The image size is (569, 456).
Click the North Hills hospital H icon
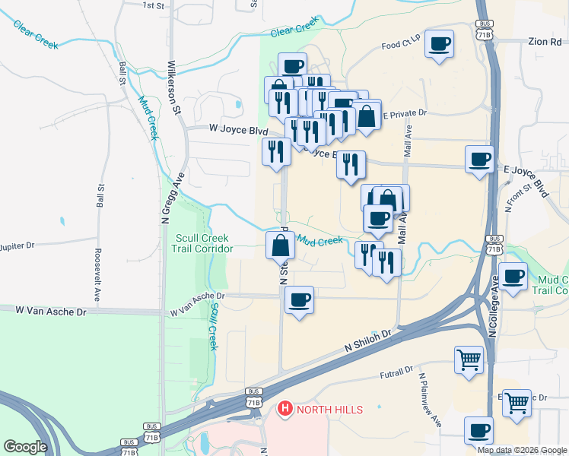285,409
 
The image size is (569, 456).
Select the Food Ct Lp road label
401,46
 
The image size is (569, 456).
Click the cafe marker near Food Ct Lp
439,44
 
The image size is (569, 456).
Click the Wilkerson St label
173,88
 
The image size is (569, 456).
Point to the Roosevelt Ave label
97,274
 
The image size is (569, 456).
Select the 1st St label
154,5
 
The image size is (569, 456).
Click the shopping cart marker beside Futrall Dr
469,360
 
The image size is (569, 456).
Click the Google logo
27,447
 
